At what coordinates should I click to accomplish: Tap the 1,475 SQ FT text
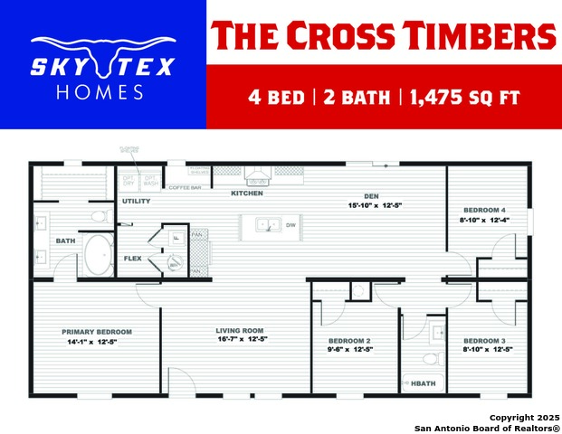tap(466, 97)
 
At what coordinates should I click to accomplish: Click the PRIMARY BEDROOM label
tap(97, 332)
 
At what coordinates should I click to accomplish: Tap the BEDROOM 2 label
tap(349, 340)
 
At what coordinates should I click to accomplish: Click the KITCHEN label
tap(247, 193)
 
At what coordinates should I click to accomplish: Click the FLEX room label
tap(132, 258)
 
